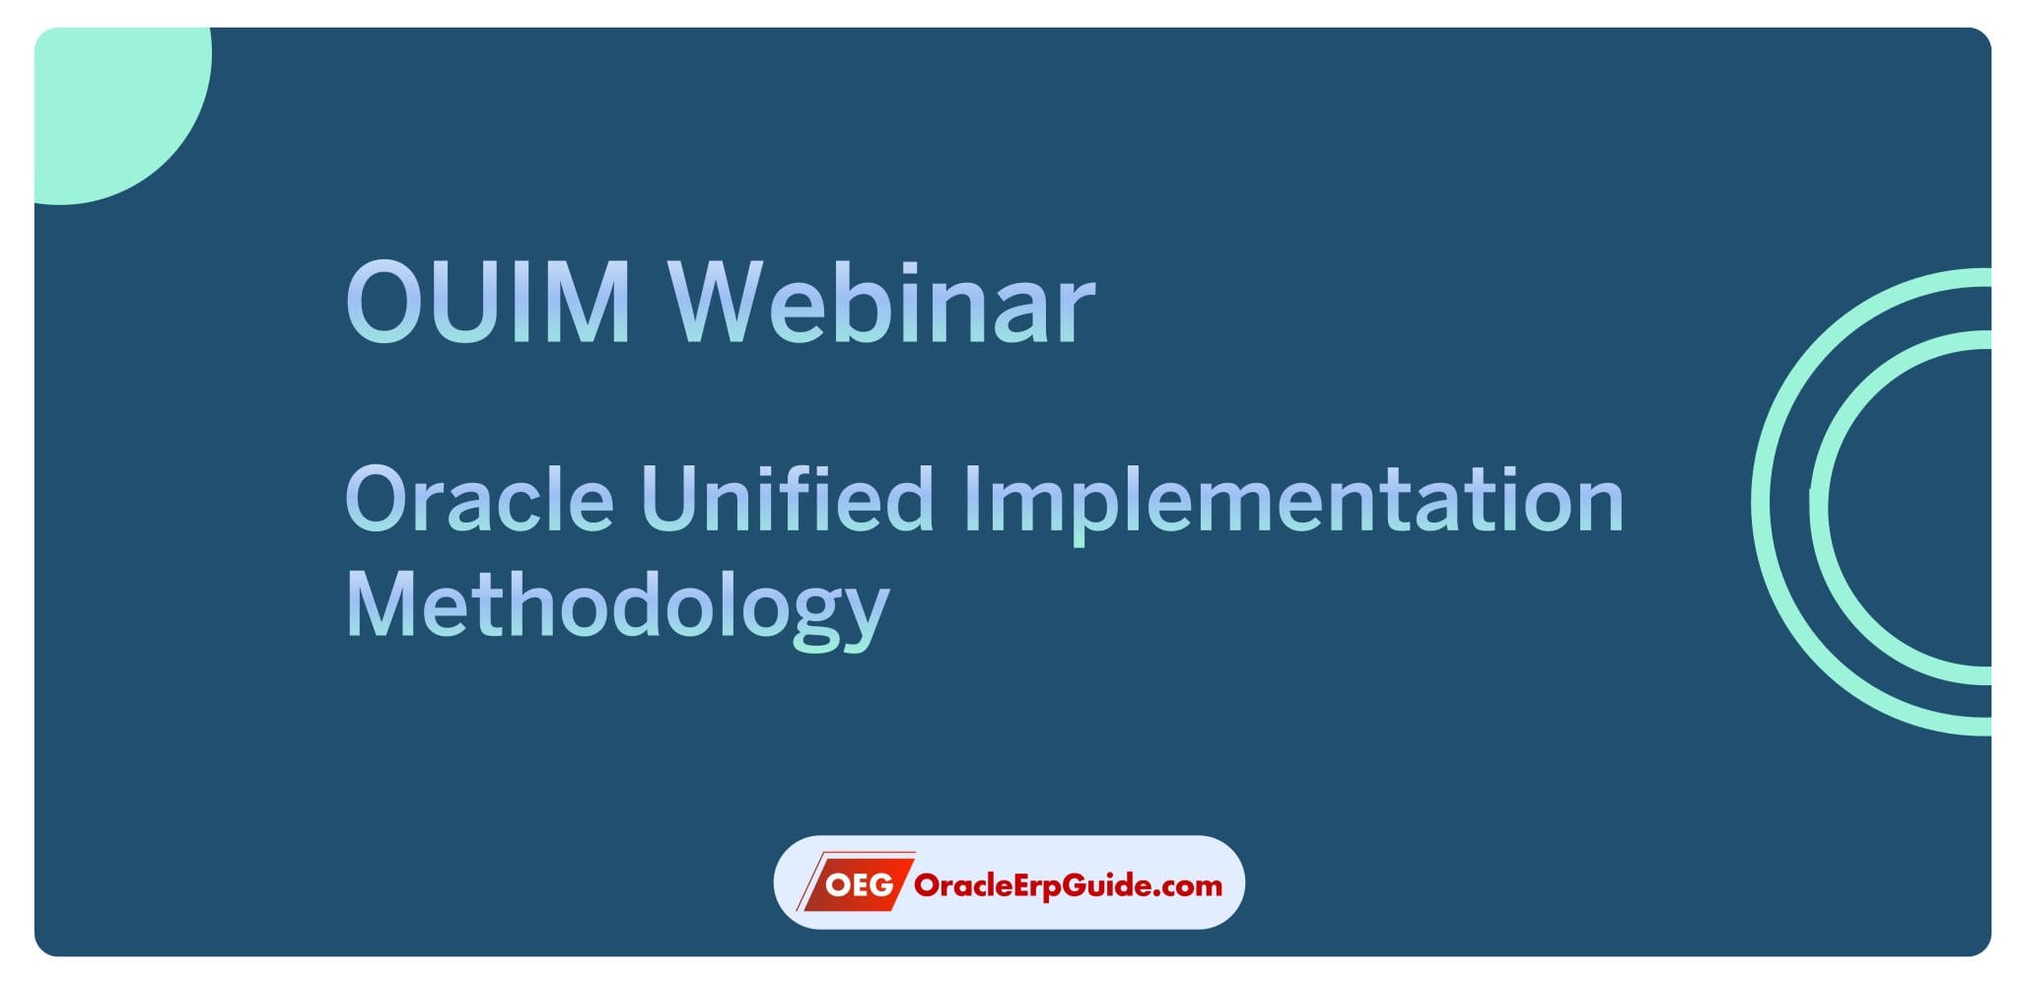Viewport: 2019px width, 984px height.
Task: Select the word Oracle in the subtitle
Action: coord(479,499)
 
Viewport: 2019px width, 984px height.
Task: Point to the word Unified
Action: coord(787,499)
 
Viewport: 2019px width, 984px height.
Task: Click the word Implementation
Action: coord(1291,499)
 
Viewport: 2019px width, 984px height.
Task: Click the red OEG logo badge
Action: coord(855,883)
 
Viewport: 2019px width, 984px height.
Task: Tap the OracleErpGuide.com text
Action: coord(1068,884)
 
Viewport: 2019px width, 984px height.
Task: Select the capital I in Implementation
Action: coord(969,499)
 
